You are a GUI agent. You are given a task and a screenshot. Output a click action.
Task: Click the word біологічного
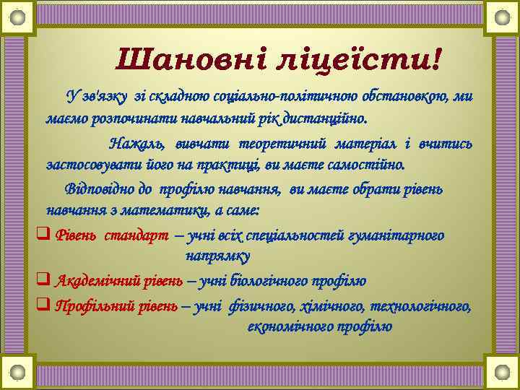(x=271, y=281)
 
